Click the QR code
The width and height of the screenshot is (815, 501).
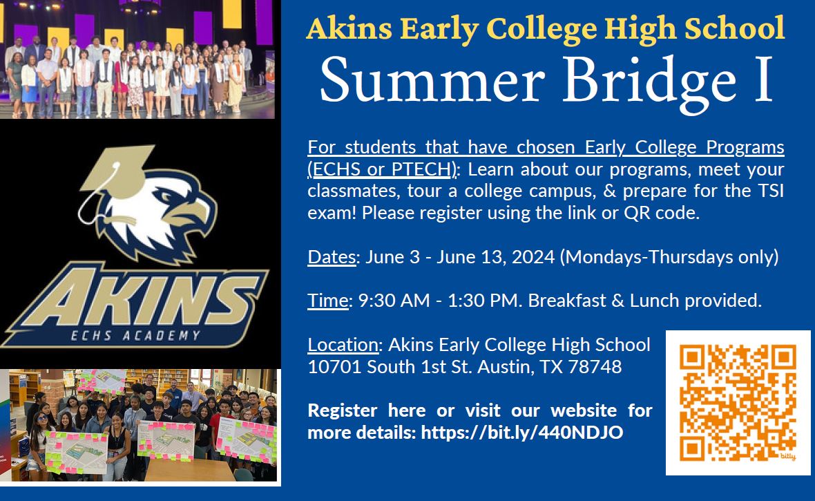[x=738, y=403]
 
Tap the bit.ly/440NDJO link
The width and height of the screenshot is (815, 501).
[x=522, y=433]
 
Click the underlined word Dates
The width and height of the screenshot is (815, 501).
[x=332, y=257]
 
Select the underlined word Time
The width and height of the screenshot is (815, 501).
[x=328, y=301]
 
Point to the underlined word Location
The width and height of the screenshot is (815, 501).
[x=343, y=344]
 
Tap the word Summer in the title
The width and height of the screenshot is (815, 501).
[x=432, y=81]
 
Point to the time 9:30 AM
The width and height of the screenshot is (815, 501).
[x=394, y=301]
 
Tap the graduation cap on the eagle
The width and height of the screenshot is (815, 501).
[x=117, y=171]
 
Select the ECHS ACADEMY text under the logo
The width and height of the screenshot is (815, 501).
[x=135, y=336]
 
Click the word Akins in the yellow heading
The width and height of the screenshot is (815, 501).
[x=349, y=28]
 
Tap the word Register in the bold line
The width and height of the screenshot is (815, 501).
[x=343, y=411]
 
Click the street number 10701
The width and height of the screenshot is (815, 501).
[x=334, y=367]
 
